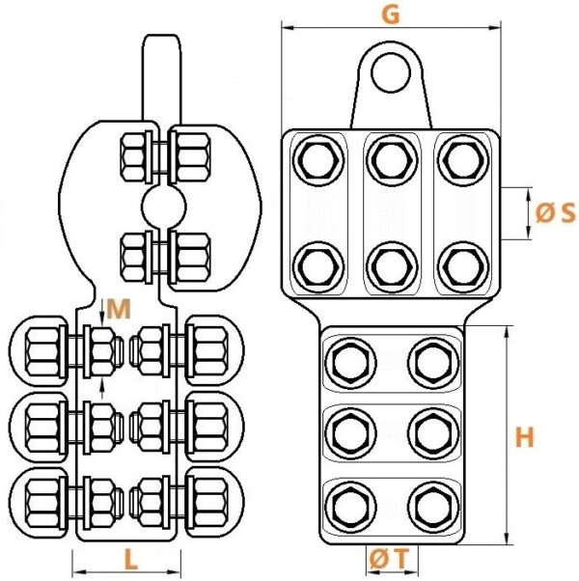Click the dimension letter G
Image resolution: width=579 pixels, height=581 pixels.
coord(391,15)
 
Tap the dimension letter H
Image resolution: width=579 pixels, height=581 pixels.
coord(524,437)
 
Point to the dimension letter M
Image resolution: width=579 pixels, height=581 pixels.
coord(119,309)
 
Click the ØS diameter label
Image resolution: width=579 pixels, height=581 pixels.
coord(556,213)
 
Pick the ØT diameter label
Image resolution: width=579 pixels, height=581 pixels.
coord(389,559)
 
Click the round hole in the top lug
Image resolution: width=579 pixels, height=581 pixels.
coord(391,72)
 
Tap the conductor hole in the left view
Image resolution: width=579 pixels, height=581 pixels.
coord(163,206)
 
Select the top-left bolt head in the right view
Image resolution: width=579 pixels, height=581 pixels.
coord(318,160)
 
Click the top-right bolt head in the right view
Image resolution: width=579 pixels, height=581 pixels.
coord(463,160)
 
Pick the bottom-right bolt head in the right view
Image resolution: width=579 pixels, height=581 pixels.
coord(433,507)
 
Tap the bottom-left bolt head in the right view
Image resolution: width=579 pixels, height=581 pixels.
coord(350,507)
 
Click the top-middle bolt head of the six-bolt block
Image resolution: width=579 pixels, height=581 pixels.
coord(392,160)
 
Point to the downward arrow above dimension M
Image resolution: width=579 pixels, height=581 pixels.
coord(102,311)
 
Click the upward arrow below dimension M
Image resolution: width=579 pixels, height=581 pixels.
coord(102,388)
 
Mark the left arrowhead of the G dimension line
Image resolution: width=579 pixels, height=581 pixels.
coord(288,28)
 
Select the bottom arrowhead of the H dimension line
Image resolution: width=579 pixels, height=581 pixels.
coord(507,539)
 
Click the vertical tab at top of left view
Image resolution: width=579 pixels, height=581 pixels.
coord(162,78)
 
